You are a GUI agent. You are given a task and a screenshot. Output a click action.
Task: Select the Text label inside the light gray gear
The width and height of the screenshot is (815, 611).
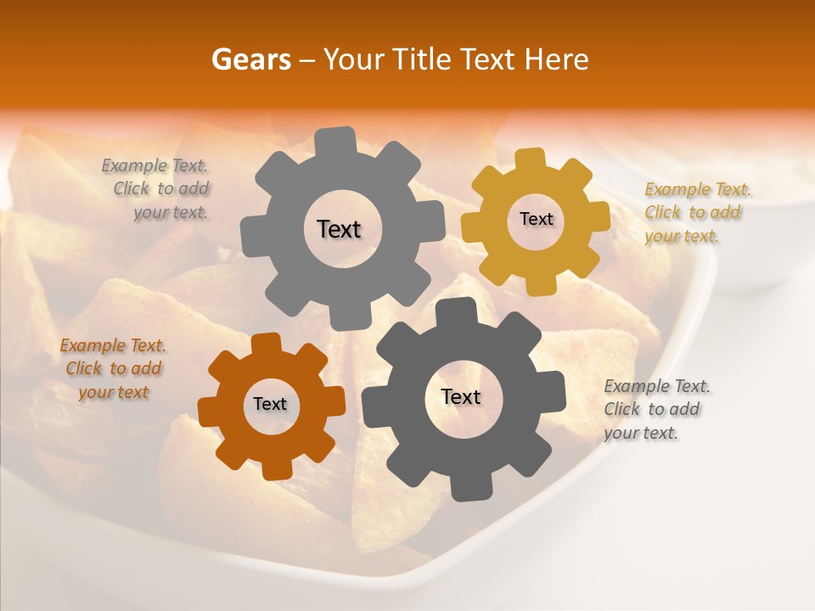(x=339, y=229)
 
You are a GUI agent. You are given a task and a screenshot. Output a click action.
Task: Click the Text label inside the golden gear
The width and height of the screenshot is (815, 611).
(x=536, y=219)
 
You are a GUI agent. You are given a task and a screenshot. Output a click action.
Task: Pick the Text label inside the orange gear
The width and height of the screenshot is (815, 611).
(x=270, y=404)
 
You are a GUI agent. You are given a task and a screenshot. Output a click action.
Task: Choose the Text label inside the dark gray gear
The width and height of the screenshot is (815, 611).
(x=461, y=397)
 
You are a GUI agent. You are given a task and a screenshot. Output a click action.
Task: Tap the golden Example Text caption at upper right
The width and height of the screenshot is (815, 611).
(x=696, y=212)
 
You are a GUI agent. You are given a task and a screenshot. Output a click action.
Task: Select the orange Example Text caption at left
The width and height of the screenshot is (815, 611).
(x=113, y=369)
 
